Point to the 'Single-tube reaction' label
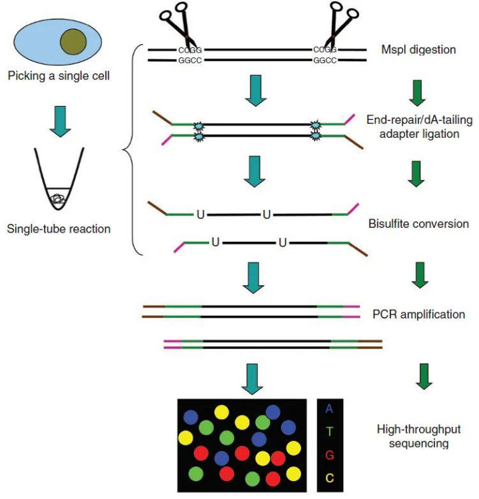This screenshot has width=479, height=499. [59, 229]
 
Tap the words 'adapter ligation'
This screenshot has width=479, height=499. [417, 133]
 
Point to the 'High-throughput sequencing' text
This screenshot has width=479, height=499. [417, 436]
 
